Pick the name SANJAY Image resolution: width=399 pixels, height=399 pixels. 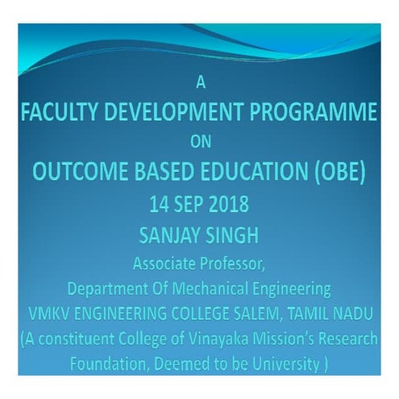click(x=167, y=235)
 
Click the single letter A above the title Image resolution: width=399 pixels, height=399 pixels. click(x=200, y=81)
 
